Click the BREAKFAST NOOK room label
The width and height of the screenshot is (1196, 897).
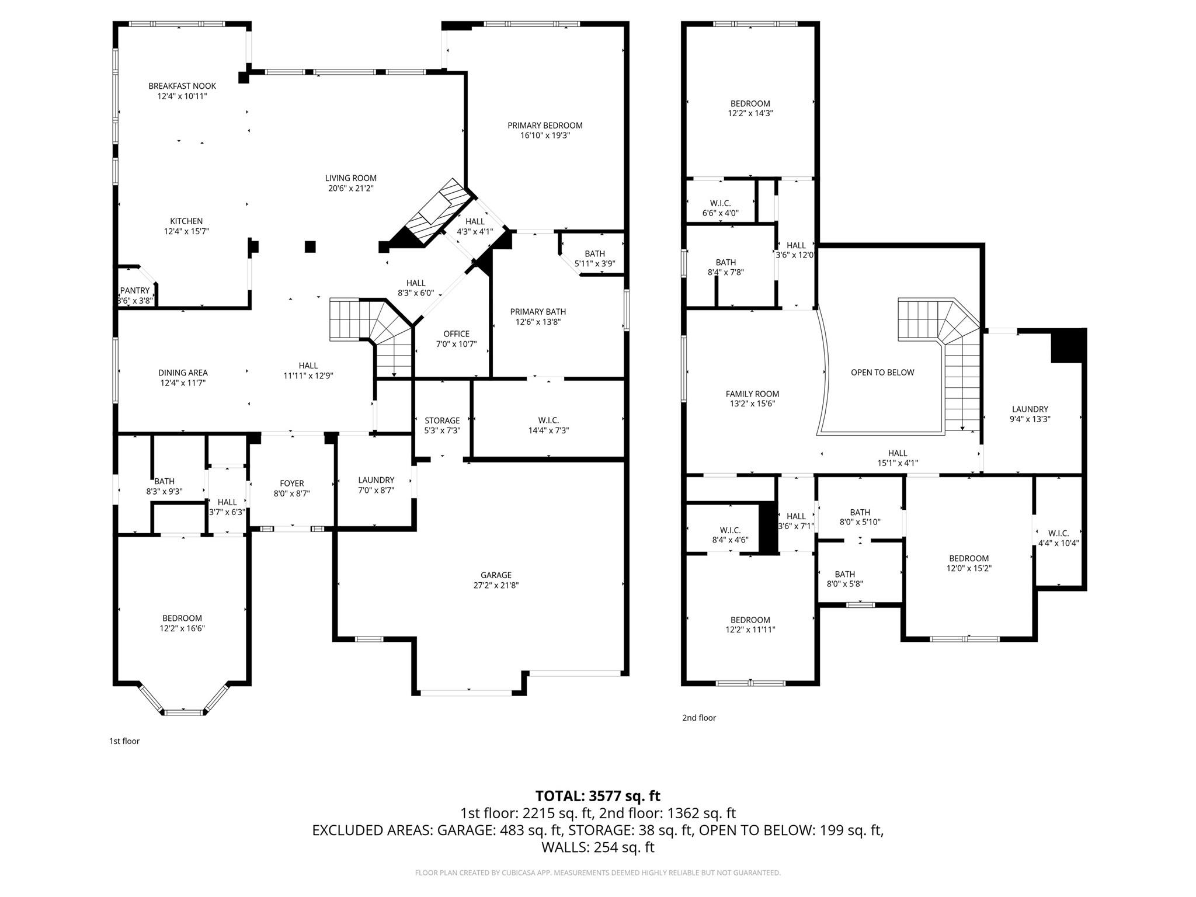click(x=182, y=86)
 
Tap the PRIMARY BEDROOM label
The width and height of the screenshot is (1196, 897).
click(x=545, y=126)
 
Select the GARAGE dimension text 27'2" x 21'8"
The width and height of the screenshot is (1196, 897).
click(x=496, y=585)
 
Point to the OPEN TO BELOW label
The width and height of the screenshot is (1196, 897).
click(x=882, y=373)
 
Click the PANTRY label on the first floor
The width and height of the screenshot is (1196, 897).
click(x=135, y=291)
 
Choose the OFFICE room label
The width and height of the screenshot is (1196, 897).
click(x=456, y=334)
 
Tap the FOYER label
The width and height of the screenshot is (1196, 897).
click(x=291, y=484)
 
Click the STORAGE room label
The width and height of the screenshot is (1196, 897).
click(x=442, y=420)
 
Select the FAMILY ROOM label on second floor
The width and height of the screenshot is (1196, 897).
click(x=752, y=394)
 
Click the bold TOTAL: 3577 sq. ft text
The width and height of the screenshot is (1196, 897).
click(x=597, y=796)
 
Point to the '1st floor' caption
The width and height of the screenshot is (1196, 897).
click(x=124, y=741)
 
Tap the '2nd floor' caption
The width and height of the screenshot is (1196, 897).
click(x=699, y=718)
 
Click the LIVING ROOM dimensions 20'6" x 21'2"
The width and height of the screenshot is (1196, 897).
click(x=350, y=188)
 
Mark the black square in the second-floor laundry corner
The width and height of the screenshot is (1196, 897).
click(x=1068, y=346)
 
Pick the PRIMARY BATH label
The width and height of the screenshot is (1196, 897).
click(x=538, y=312)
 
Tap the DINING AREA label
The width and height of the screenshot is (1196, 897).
click(x=183, y=373)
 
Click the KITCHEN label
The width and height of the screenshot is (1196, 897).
click(x=186, y=221)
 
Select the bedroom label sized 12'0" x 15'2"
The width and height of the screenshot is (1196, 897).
click(x=969, y=558)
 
